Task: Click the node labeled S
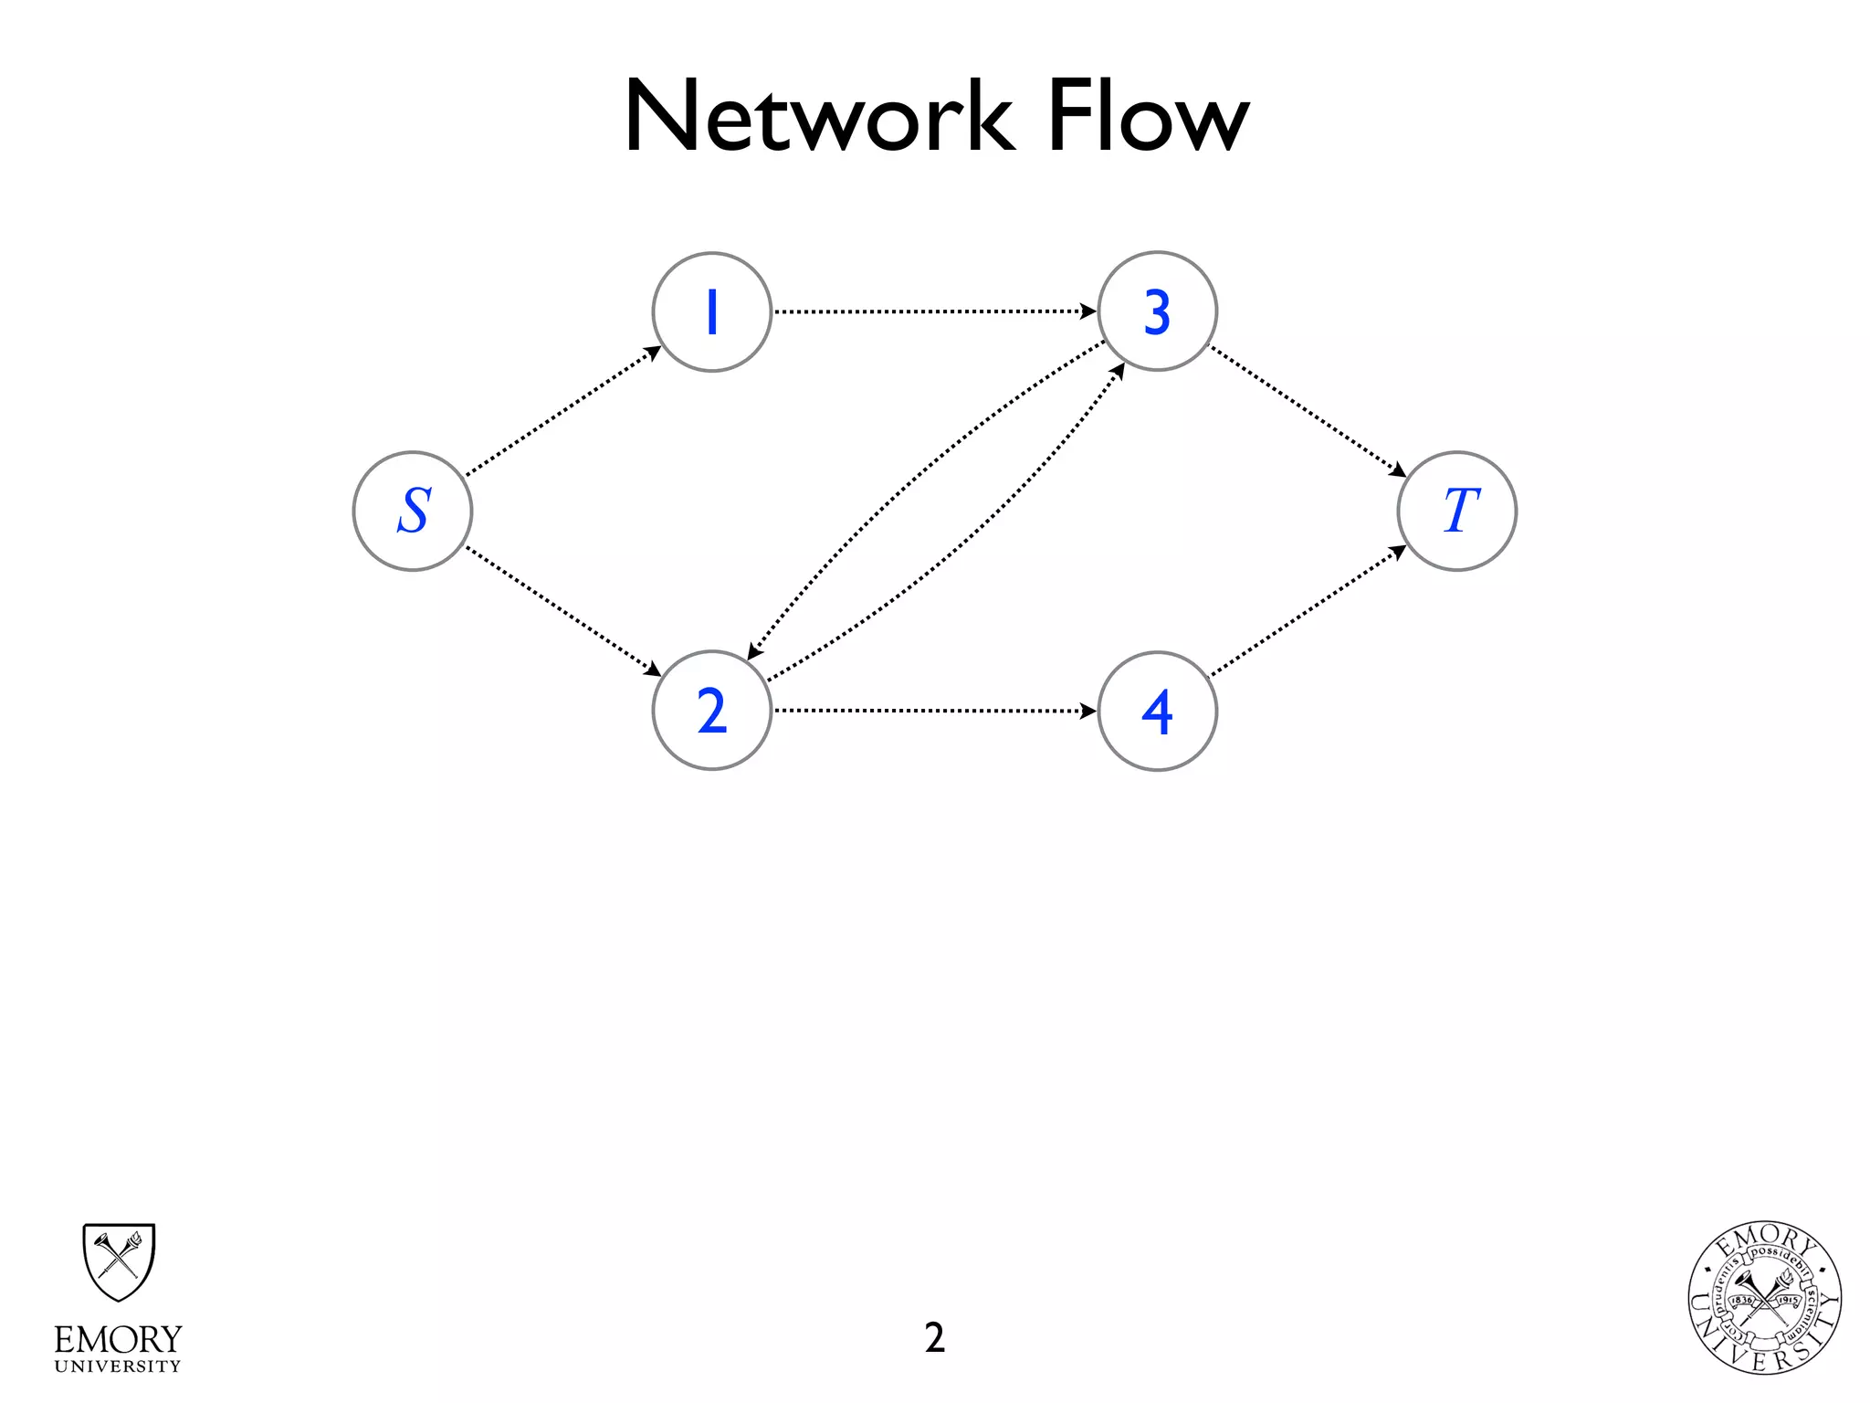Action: pyautogui.click(x=413, y=512)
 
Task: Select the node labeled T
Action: pyautogui.click(x=1457, y=512)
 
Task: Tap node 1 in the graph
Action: pyautogui.click(x=712, y=312)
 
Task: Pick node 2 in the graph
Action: pyautogui.click(x=712, y=711)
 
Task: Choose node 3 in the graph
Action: pyautogui.click(x=1158, y=312)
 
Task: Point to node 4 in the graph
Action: pyautogui.click(x=1158, y=711)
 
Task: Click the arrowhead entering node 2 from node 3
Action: pyautogui.click(x=753, y=652)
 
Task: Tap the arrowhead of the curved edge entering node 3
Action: pyautogui.click(x=1119, y=370)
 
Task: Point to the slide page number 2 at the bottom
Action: pyautogui.click(x=934, y=1338)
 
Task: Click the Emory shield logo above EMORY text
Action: pyautogui.click(x=119, y=1261)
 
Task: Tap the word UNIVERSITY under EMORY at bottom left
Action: pyautogui.click(x=118, y=1366)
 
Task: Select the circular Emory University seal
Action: pyautogui.click(x=1764, y=1297)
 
